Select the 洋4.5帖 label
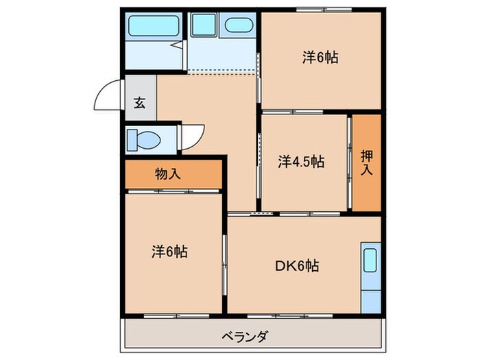[301, 162]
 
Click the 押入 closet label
[367, 162]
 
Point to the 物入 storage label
[168, 174]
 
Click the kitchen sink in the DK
[370, 261]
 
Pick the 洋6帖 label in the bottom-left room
[169, 252]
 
